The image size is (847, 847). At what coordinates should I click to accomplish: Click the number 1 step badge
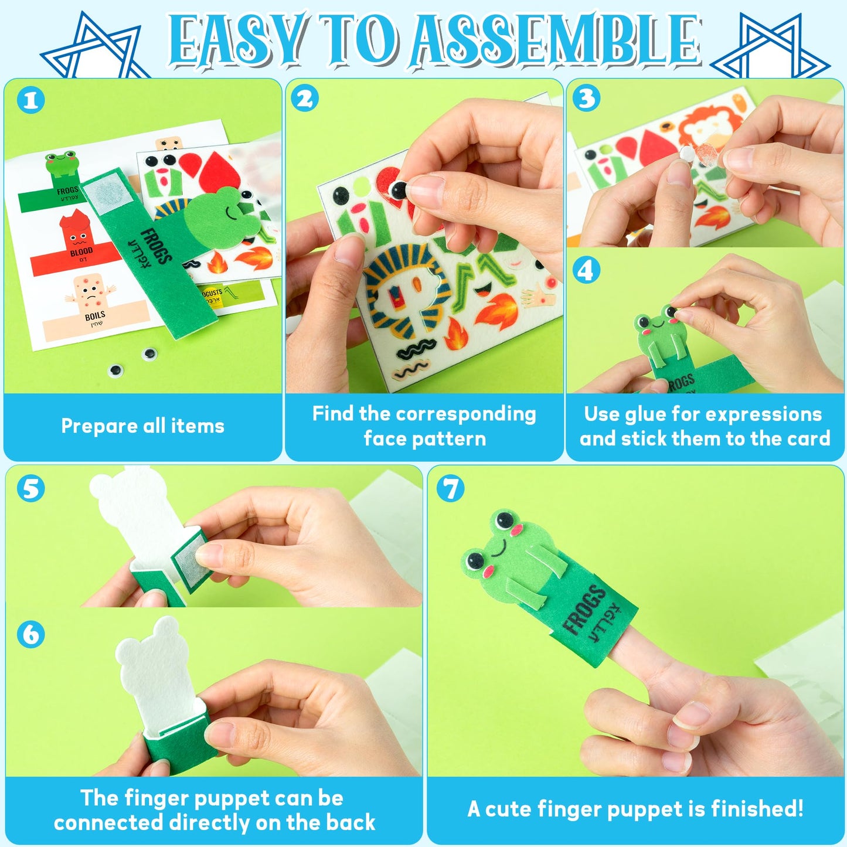30,100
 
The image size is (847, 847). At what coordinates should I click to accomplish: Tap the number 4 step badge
586,271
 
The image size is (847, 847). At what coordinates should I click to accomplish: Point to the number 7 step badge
450,489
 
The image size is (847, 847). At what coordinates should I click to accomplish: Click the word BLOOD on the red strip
81,252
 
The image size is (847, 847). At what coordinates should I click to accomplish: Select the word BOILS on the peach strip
94,317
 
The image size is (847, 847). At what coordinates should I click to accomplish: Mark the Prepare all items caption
142,426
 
